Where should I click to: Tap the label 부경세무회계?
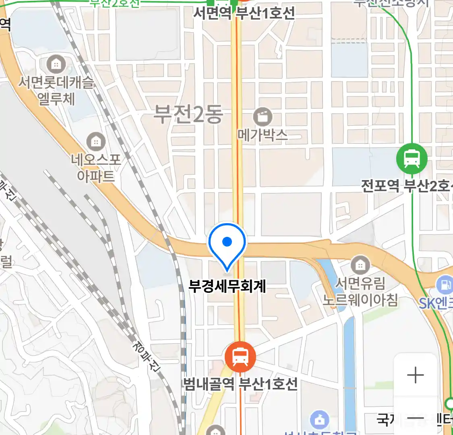pos(227,286)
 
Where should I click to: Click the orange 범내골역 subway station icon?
pos(240,357)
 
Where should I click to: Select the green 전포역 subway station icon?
pos(412,158)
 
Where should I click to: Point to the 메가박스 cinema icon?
pos(263,118)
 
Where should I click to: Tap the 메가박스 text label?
pos(263,135)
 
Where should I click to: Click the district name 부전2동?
pos(188,114)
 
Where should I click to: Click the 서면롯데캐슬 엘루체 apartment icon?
pos(56,64)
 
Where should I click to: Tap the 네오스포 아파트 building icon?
pos(96,142)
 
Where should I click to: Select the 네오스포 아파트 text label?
pos(96,168)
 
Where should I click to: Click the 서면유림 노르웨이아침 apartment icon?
pos(360,265)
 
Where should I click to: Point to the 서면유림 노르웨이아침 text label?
pos(360,292)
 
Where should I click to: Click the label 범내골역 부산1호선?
pos(240,383)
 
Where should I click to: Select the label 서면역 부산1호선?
pos(244,13)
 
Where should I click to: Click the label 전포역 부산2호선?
pos(407,186)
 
